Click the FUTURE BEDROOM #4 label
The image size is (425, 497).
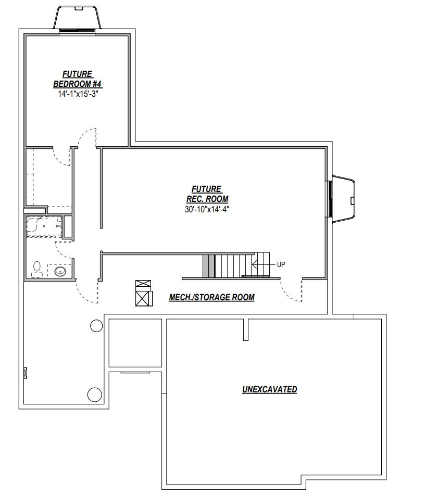pyautogui.click(x=78, y=79)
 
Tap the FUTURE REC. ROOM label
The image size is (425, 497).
pyautogui.click(x=207, y=194)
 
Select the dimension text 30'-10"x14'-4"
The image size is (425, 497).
pyautogui.click(x=207, y=209)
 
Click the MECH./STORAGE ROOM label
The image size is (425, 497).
pyautogui.click(x=211, y=297)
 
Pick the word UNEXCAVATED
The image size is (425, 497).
pyautogui.click(x=270, y=389)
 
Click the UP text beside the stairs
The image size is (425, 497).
pyautogui.click(x=281, y=264)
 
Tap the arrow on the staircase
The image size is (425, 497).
pyautogui.click(x=263, y=264)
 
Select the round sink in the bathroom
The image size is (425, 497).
pyautogui.click(x=60, y=272)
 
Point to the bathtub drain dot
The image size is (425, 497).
pyautogui.click(x=44, y=226)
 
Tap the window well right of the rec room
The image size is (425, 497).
pyautogui.click(x=343, y=199)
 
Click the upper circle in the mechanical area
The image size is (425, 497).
pyautogui.click(x=96, y=326)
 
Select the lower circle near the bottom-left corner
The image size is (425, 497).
pyautogui.click(x=94, y=394)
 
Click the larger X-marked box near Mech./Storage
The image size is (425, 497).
pyautogui.click(x=143, y=298)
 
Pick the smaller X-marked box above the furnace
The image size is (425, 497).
pyautogui.click(x=143, y=284)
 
